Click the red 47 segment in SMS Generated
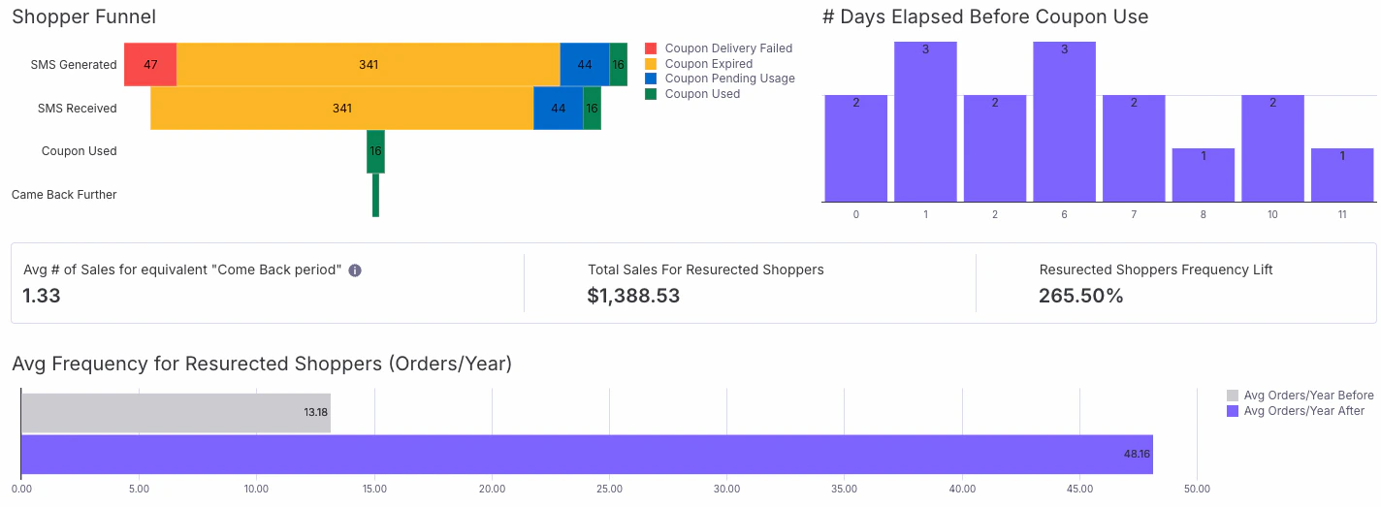coord(150,65)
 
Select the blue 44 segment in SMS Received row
coord(558,109)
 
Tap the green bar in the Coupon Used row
coord(375,151)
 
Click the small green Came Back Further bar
coord(375,195)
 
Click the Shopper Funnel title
coord(83,16)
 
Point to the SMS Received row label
coord(77,109)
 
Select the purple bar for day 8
coord(1203,174)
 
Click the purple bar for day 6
coord(1064,121)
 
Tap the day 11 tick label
coord(1342,214)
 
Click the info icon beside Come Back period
coord(355,270)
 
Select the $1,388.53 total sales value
coord(633,296)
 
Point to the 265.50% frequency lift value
coord(1080,296)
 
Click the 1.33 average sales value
coord(42,296)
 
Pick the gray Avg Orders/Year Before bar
coord(176,412)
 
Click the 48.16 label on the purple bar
coord(1136,454)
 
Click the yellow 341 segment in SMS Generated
coord(369,65)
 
